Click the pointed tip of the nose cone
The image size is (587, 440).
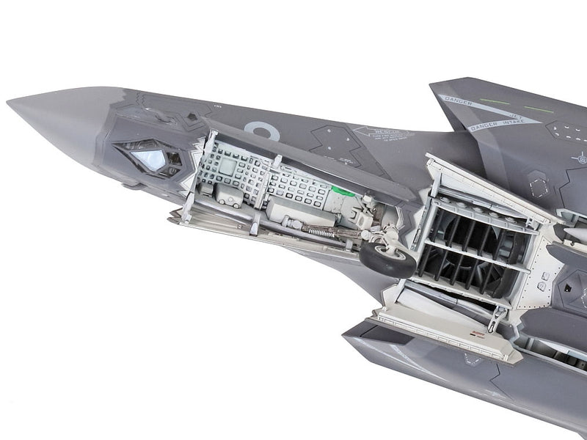click(x=10, y=102)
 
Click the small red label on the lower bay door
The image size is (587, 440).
click(x=480, y=333)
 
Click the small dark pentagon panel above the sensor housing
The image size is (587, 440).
click(x=192, y=116)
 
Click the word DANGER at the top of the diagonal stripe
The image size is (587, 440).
click(x=459, y=100)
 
